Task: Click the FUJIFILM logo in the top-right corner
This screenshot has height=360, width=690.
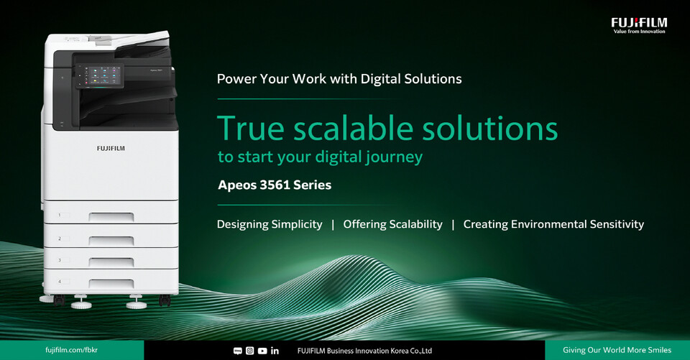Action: click(x=639, y=26)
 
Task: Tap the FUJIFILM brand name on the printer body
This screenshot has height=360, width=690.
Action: click(x=111, y=148)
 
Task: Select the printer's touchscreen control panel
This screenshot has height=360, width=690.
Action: click(x=99, y=75)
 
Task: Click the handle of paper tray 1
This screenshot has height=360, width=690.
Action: click(x=111, y=216)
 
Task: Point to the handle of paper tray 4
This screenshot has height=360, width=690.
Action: click(x=111, y=284)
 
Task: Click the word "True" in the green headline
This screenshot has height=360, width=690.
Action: click(x=251, y=128)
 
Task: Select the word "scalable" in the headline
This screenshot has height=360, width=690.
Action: click(x=354, y=128)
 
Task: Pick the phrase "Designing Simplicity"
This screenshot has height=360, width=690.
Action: click(x=270, y=224)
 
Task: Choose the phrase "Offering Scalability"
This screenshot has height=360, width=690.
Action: click(x=392, y=224)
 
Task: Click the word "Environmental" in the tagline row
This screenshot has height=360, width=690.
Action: click(x=548, y=224)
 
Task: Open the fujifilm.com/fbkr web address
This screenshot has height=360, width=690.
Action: click(x=71, y=351)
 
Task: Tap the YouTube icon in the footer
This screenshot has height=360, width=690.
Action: click(x=262, y=351)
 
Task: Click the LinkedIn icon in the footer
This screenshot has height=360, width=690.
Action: click(x=275, y=351)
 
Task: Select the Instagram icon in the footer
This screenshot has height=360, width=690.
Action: click(x=249, y=351)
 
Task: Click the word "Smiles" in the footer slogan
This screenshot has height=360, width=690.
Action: click(x=659, y=351)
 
